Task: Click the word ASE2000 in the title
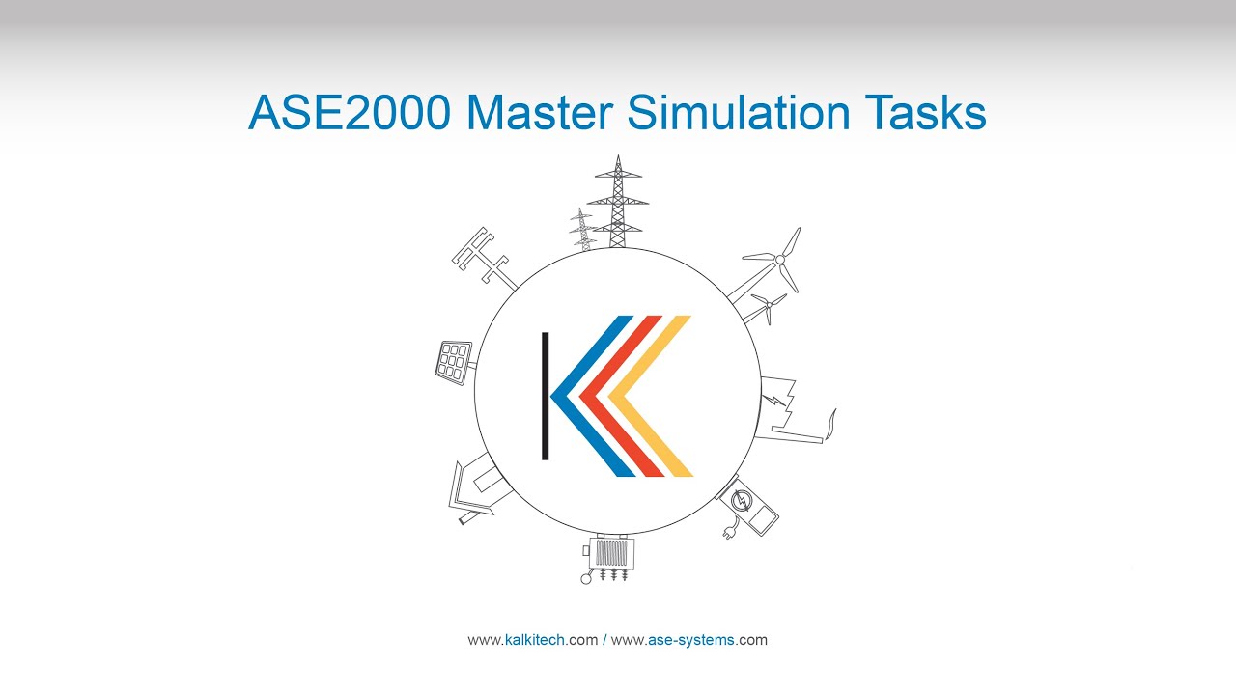pos(349,113)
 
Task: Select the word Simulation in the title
pos(738,113)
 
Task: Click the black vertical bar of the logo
pos(546,396)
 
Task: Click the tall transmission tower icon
pos(617,203)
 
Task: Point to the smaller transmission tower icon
pos(582,230)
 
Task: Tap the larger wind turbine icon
pos(777,261)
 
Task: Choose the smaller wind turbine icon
pos(767,307)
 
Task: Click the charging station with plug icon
pos(748,507)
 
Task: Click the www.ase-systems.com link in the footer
pos(689,640)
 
